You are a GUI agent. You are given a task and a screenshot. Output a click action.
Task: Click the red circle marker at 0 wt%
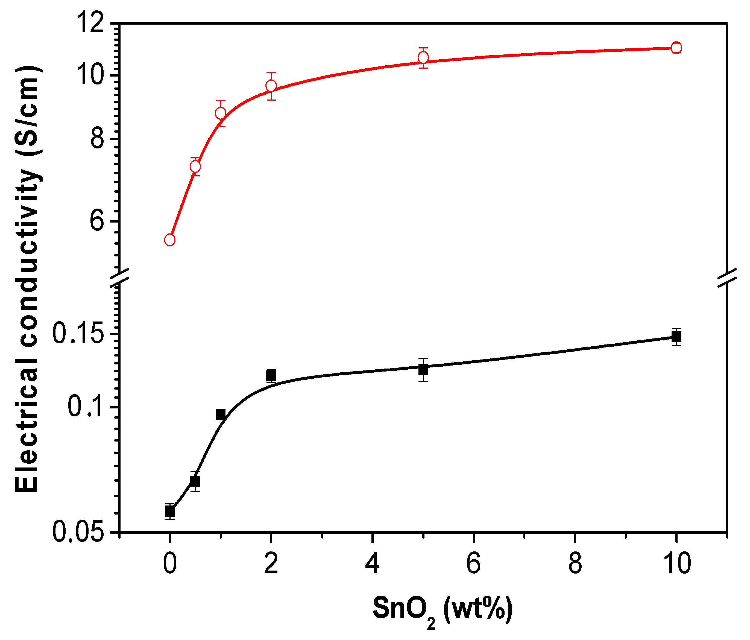170,240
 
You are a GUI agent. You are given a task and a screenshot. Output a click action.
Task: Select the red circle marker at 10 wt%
676,48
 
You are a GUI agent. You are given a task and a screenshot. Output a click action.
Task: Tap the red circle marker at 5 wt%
423,58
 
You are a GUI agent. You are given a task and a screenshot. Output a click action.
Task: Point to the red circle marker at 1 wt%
221,113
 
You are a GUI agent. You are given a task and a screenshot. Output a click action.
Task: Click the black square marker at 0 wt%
170,512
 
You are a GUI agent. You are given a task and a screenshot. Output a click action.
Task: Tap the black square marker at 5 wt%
423,370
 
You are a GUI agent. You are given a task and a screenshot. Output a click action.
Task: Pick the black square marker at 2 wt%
271,375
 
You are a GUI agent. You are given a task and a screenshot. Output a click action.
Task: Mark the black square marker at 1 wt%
221,414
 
